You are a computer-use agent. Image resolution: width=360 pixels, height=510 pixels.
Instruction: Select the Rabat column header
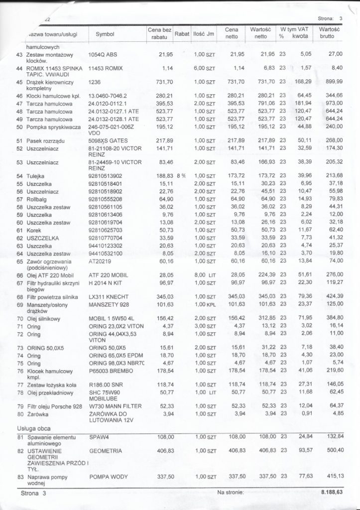(182, 34)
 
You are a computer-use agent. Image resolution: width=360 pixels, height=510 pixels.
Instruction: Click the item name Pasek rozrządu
(42, 141)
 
